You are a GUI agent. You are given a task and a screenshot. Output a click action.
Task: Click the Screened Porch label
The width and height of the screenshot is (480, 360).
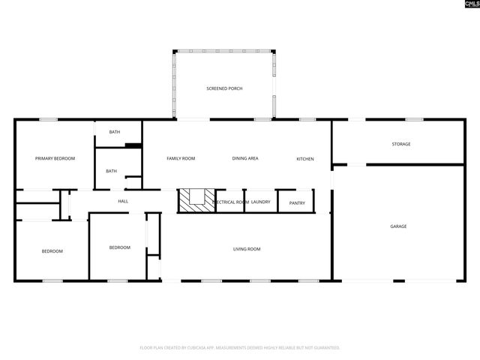[224, 88]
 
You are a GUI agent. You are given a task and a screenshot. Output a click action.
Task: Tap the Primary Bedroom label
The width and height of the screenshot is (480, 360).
[55, 158]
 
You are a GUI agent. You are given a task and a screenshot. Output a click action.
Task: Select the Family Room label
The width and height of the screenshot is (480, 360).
[180, 158]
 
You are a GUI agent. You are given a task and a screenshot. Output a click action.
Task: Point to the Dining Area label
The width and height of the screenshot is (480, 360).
[245, 158]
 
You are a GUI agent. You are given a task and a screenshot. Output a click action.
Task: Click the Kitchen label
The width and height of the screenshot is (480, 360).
[304, 158]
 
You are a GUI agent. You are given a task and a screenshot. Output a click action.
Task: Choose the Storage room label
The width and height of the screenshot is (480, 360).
[400, 144]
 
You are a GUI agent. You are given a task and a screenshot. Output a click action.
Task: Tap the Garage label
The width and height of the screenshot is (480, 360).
[397, 226]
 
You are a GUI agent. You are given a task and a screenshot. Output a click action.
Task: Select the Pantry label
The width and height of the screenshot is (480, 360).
[296, 202]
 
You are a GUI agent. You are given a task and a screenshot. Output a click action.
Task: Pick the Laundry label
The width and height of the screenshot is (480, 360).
[260, 202]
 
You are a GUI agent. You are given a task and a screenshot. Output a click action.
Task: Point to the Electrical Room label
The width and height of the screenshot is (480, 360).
[231, 202]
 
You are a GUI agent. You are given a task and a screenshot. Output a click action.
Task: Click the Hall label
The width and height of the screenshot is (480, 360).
[123, 201]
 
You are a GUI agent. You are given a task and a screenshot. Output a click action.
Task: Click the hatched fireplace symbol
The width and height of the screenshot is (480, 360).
[196, 200]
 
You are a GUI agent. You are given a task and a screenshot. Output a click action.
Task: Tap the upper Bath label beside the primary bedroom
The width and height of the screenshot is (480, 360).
[114, 132]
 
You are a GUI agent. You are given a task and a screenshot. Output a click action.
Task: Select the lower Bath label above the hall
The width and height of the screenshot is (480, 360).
[111, 171]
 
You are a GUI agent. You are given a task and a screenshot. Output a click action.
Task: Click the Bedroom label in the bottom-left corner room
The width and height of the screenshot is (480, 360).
[52, 251]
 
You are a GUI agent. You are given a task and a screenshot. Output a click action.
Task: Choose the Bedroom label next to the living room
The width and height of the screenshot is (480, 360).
[119, 247]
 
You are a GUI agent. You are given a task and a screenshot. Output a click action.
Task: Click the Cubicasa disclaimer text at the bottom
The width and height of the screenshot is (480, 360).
[240, 348]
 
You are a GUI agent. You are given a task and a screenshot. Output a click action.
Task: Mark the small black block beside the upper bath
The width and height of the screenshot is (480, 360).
[133, 145]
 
